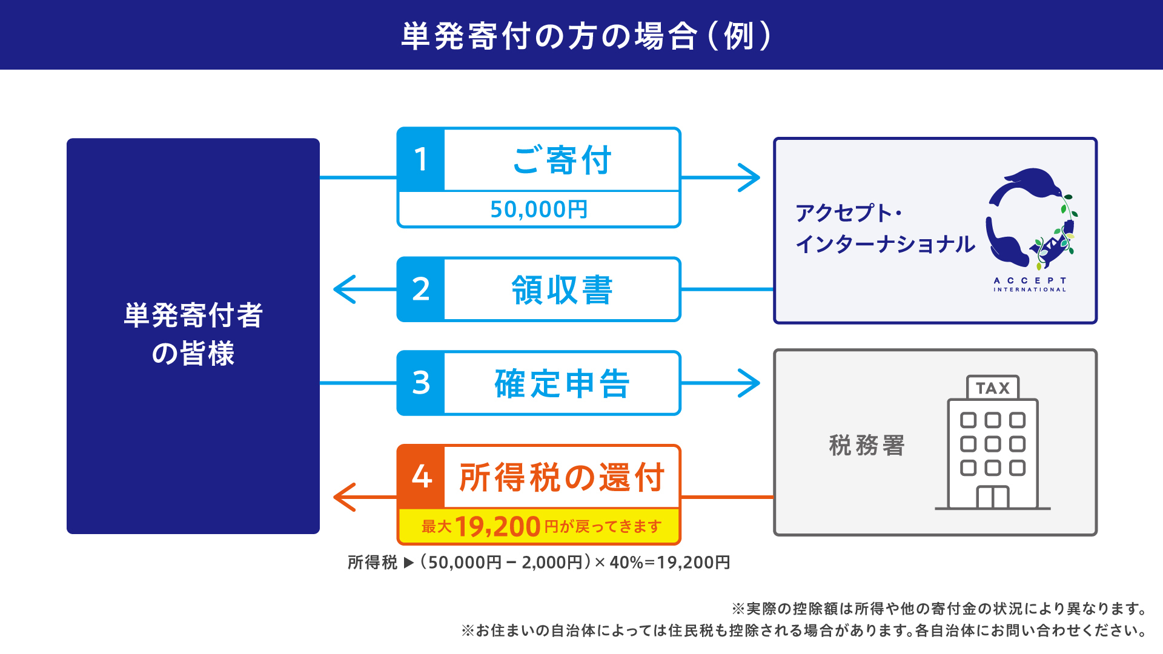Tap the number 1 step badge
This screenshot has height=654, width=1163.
click(x=421, y=160)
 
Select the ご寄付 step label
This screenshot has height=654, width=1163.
click(x=562, y=160)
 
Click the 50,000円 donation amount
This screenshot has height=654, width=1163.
click(x=538, y=210)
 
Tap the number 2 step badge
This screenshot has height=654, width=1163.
click(x=421, y=289)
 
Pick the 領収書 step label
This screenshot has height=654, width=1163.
click(x=562, y=290)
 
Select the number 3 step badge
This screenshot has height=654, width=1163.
click(x=421, y=383)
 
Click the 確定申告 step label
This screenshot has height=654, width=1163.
click(x=562, y=383)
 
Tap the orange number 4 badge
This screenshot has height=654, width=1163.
click(x=422, y=477)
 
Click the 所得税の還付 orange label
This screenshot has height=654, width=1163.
click(x=562, y=477)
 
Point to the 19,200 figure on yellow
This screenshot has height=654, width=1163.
click(x=497, y=526)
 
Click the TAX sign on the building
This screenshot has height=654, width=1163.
click(x=993, y=388)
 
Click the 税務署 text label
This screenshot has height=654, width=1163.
click(x=866, y=445)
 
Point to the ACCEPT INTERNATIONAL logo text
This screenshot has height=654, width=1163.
click(x=1030, y=285)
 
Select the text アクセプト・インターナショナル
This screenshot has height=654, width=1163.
click(x=884, y=229)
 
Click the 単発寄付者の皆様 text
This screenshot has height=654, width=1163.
click(x=193, y=334)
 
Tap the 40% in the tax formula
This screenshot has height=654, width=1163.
click(x=626, y=563)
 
